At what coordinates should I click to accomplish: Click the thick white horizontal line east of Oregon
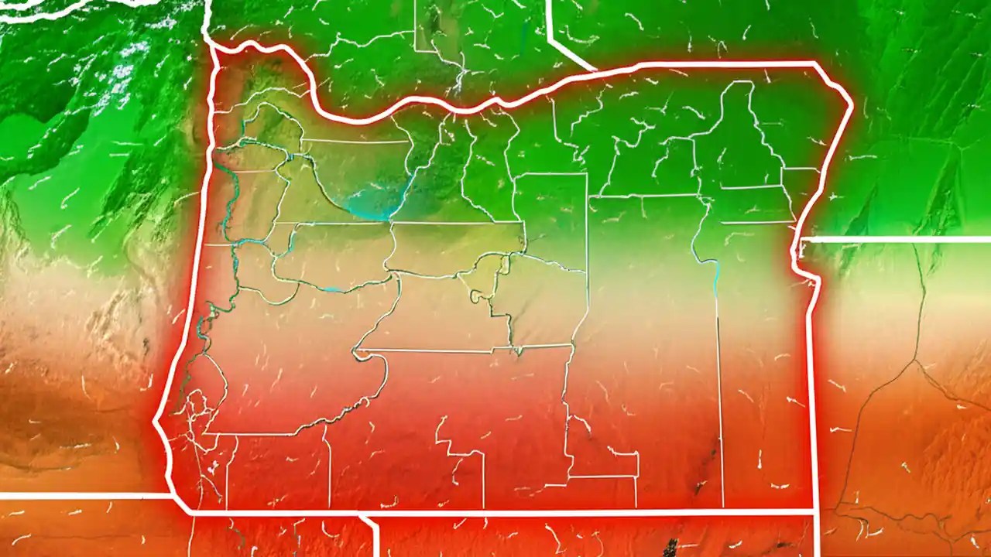pos(898,240)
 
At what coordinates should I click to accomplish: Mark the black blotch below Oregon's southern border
pos(670,546)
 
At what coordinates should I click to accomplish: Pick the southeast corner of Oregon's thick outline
pos(814,511)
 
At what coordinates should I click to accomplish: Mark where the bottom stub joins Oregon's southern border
pos(362,513)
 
